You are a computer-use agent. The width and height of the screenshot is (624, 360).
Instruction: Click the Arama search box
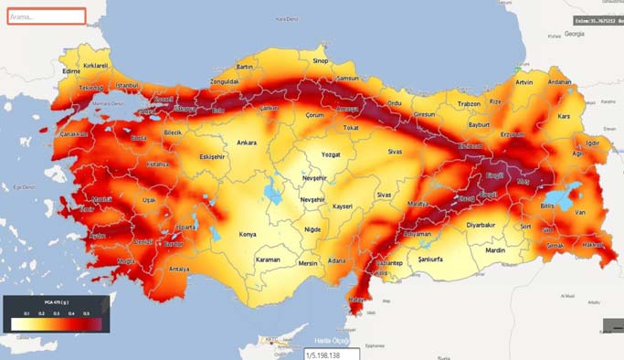(46, 16)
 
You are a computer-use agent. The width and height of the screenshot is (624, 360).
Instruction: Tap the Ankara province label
(247, 143)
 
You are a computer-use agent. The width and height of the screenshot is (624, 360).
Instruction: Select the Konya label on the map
(248, 234)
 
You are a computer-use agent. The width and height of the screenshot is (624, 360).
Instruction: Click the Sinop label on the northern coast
(321, 61)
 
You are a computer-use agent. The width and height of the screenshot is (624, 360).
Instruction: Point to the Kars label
(564, 118)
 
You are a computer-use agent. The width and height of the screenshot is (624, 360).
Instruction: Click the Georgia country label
(574, 33)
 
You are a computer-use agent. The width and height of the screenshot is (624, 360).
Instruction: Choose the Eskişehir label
(211, 157)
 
